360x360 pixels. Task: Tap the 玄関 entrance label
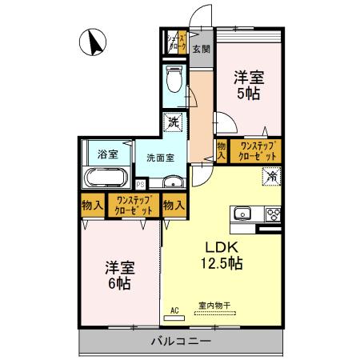tap(202, 48)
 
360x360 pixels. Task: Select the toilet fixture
tap(174, 79)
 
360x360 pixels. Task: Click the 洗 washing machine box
tap(174, 124)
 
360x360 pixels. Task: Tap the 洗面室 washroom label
tap(160, 158)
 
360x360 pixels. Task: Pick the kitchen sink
tap(242, 214)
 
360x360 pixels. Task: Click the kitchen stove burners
tap(271, 214)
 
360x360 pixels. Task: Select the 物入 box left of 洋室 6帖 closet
tap(91, 205)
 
